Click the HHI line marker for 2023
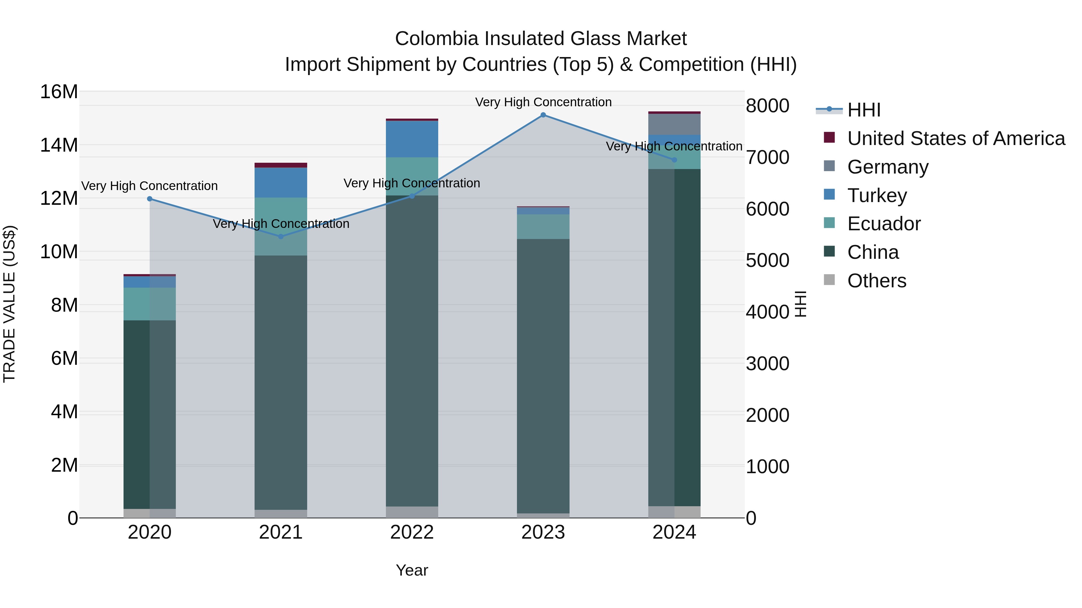click(543, 115)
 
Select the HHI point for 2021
click(281, 237)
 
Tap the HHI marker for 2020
click(150, 199)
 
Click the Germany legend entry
click(888, 167)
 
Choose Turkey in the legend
click(877, 195)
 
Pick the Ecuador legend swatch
click(829, 223)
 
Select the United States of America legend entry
click(955, 138)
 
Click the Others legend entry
click(877, 281)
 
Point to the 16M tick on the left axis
click(59, 92)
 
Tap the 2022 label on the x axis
click(412, 532)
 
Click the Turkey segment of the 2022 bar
click(412, 139)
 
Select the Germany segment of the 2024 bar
click(674, 124)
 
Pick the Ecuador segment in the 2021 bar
click(281, 227)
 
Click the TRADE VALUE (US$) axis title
click(9, 304)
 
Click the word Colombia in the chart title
click(436, 39)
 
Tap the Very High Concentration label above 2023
click(543, 102)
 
